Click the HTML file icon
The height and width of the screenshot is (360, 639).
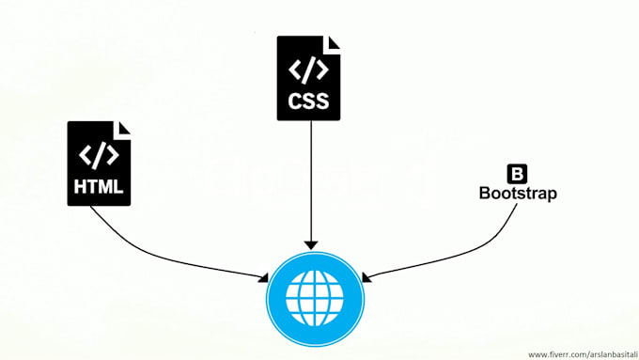point(98,164)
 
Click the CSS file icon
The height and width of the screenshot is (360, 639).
point(309,78)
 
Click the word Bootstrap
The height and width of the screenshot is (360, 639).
point(518,194)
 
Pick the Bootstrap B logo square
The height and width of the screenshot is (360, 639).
point(517,174)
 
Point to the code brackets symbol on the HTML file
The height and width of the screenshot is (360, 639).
point(98,154)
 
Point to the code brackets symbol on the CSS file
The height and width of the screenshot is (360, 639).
point(309,68)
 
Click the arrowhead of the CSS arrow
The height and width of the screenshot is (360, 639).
point(310,242)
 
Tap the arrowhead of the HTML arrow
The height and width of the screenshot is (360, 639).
point(262,276)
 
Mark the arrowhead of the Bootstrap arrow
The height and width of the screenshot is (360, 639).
point(368,277)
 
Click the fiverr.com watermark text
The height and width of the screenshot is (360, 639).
point(582,354)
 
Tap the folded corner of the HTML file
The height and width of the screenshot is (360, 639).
point(121,128)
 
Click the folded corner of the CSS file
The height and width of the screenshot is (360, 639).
point(333,42)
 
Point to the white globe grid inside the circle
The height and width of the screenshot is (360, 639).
point(316,297)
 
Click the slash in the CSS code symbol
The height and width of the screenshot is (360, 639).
point(309,68)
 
